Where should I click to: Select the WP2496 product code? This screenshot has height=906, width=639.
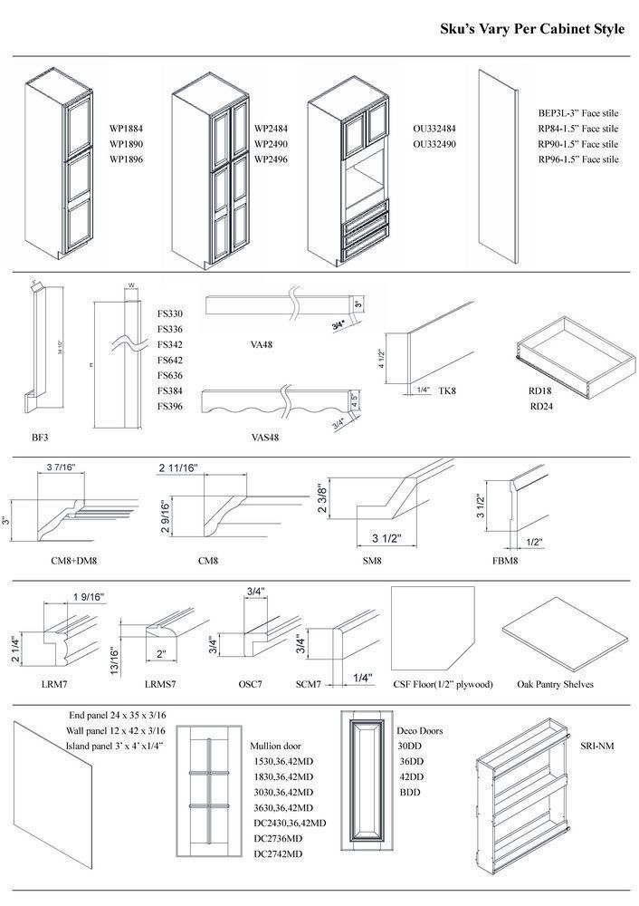(272, 159)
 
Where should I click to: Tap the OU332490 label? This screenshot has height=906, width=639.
(434, 144)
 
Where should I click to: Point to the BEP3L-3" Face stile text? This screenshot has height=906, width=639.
(578, 113)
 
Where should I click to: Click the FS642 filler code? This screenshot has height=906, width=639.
(170, 360)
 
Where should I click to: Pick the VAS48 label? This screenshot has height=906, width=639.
(264, 437)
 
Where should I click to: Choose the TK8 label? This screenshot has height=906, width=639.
(446, 390)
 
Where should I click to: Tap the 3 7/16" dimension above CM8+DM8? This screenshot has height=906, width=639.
(60, 467)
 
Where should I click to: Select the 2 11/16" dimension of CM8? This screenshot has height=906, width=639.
(178, 467)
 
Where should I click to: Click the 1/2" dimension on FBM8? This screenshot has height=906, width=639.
(535, 543)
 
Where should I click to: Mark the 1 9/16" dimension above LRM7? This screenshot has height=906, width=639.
(88, 597)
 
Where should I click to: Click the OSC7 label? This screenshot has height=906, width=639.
(249, 684)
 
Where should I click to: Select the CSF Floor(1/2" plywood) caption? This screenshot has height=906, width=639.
(443, 684)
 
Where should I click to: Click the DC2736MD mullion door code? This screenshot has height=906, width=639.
(278, 838)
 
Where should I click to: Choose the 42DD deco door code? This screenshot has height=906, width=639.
(411, 776)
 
